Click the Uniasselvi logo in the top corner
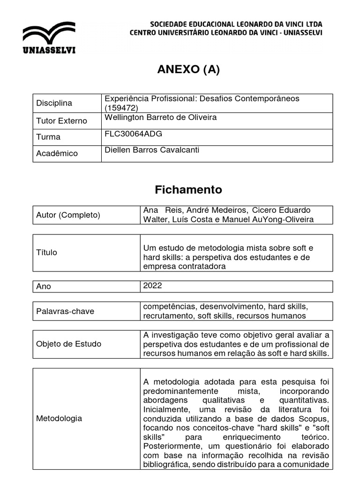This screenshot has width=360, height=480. (49, 39)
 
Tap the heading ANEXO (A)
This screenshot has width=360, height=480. (188, 70)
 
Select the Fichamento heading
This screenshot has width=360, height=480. (188, 190)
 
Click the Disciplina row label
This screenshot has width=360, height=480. (54, 103)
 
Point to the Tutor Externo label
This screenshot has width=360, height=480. (61, 121)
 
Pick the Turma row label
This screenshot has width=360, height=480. (48, 137)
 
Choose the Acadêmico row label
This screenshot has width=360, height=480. (57, 153)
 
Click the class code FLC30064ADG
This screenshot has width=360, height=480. (134, 134)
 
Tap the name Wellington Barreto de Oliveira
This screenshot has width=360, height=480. (161, 118)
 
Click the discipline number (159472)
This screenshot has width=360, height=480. (122, 108)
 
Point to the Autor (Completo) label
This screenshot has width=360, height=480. (68, 215)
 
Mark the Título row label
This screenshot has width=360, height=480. (46, 252)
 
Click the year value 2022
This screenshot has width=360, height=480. (153, 285)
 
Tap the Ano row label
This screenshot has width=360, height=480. (44, 286)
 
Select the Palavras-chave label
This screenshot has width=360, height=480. (65, 311)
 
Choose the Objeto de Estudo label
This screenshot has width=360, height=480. (68, 344)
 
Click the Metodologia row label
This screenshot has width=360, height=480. (59, 418)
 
